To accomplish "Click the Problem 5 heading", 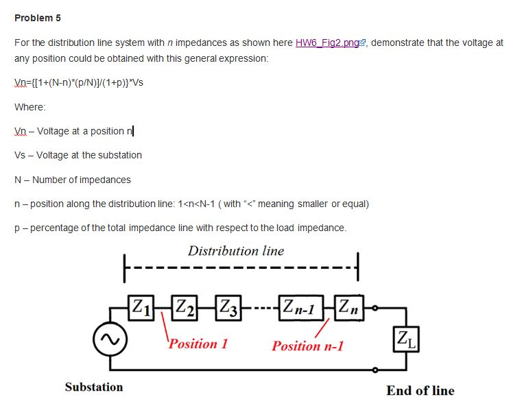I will tap(37, 17).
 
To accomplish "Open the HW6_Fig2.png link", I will tap(327, 43).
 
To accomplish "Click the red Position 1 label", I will tap(198, 344).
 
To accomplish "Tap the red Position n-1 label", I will tap(307, 346).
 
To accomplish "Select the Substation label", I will tap(94, 387).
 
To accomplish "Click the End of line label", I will tap(420, 391).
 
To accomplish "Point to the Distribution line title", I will tap(235, 251).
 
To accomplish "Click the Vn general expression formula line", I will tap(79, 82).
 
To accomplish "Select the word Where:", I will tap(30, 107).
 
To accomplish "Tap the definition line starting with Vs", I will tap(78, 155).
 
